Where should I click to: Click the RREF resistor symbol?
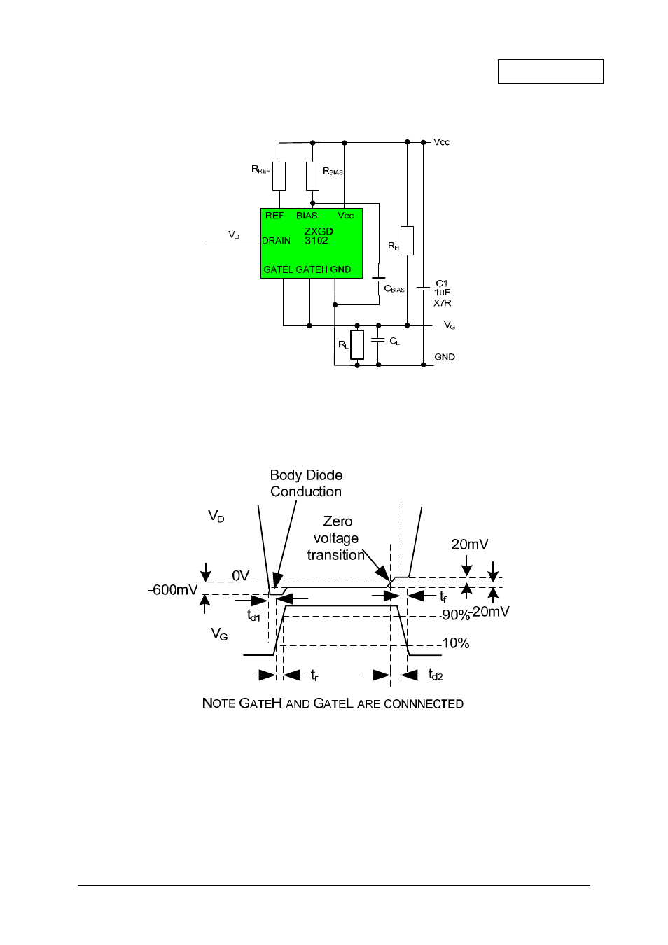point(279,176)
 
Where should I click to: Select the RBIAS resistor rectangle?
point(312,176)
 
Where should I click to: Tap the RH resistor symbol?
point(407,241)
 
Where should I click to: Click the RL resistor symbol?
point(357,344)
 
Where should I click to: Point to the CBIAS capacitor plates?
point(379,279)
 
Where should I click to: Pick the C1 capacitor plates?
point(423,289)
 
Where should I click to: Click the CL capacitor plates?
point(378,339)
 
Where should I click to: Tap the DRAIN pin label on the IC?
point(276,241)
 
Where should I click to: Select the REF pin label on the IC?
point(274,216)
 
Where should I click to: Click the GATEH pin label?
point(312,269)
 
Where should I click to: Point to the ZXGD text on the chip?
point(319,231)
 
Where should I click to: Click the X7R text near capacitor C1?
point(443,303)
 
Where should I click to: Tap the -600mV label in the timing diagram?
point(173,590)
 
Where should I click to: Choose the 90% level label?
point(456,615)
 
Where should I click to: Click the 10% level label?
point(456,643)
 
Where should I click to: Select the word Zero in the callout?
point(338,521)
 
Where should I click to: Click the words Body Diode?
point(307,475)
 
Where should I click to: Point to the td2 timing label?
point(436,675)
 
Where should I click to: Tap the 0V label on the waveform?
point(241,575)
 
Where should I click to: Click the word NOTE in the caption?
point(218,703)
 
